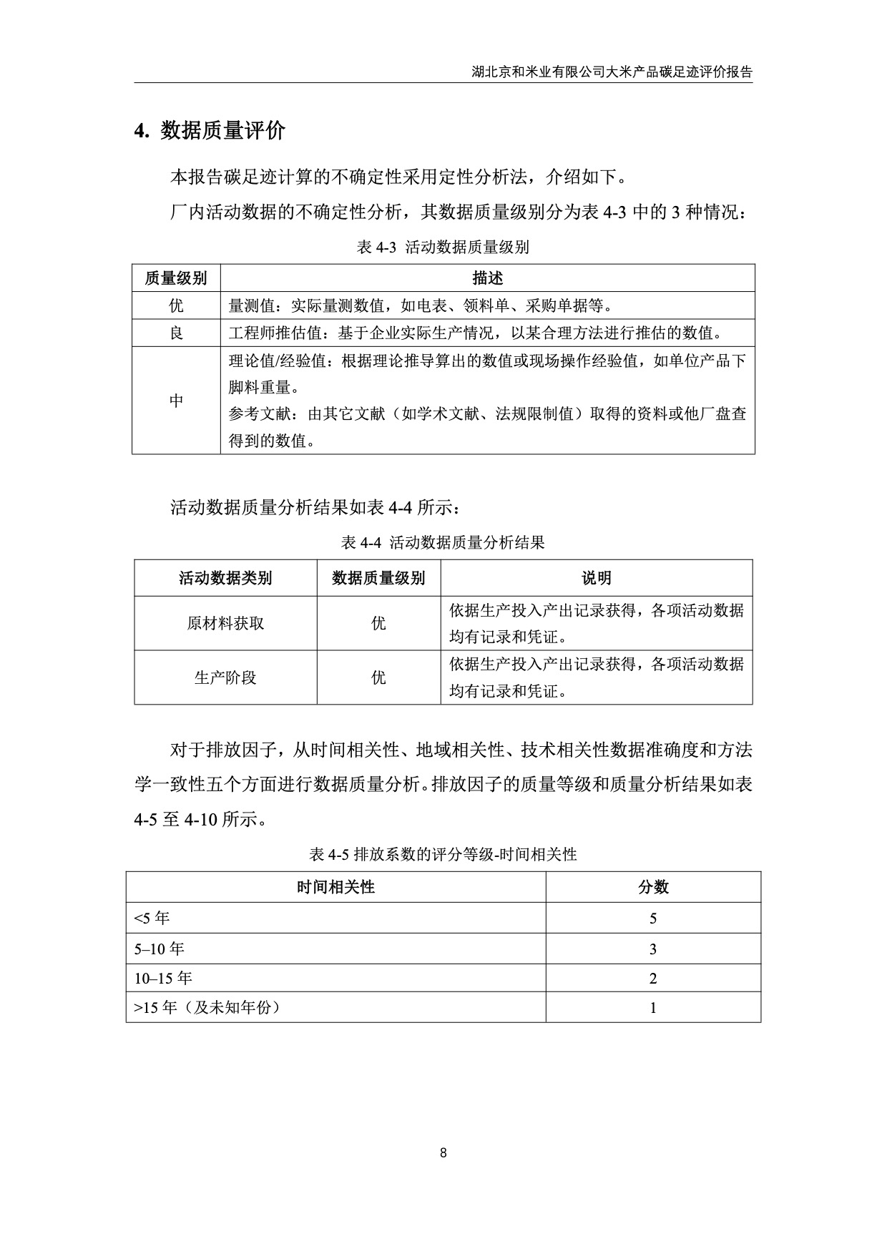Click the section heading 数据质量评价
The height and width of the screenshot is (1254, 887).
pos(222,130)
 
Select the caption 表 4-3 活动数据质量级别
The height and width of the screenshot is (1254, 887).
pos(443,248)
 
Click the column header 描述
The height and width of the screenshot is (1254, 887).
pos(487,278)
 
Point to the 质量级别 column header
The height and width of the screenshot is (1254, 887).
pos(176,278)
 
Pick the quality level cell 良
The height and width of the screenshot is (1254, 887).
pos(176,333)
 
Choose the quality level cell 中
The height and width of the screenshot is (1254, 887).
pos(176,401)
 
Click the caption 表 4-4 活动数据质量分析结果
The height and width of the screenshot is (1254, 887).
pos(443,542)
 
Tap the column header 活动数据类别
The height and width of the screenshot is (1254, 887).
pos(225,578)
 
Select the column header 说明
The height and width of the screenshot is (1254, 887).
pos(596,578)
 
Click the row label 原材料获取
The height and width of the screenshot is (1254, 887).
pos(225,623)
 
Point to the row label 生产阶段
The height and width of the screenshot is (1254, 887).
pos(225,677)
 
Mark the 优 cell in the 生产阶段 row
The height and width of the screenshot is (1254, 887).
pos(378,677)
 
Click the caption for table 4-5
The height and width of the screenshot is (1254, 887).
pos(443,854)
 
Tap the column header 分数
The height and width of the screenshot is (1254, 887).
pos(652,887)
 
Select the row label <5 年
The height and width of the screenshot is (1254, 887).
pos(152,918)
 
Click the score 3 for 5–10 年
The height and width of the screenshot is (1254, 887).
pos(652,949)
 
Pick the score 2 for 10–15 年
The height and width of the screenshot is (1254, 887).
pos(652,979)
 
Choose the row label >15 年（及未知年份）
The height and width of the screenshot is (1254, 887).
pos(207,1008)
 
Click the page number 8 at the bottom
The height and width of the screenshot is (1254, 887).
pos(443,1152)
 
